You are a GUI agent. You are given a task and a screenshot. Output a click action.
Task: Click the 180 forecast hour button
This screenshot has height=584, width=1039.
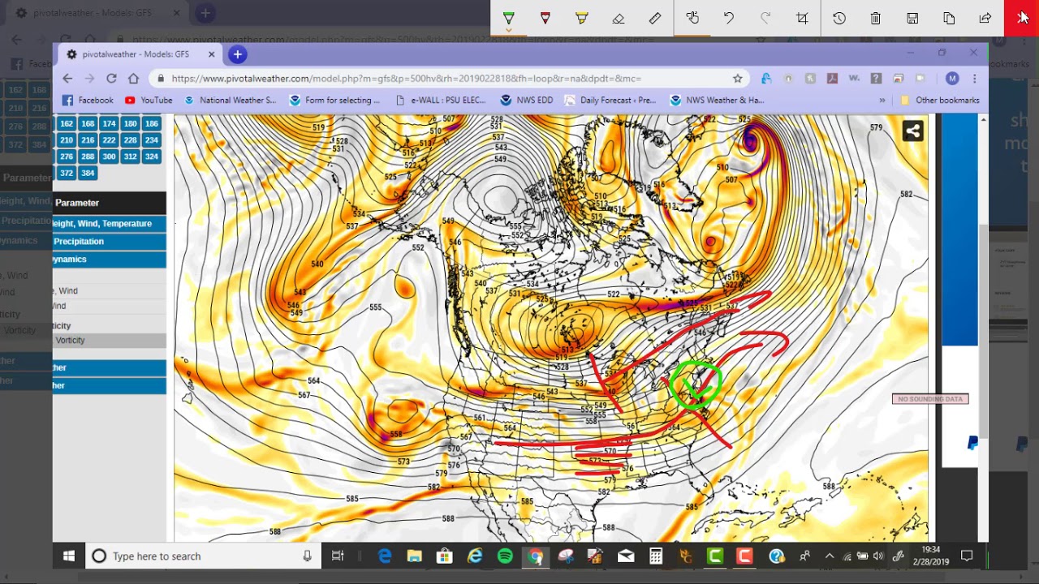click(x=130, y=123)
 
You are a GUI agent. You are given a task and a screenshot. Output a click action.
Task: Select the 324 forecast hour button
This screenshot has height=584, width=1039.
click(x=151, y=157)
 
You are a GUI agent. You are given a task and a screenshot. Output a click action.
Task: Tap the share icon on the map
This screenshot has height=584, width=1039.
click(x=912, y=131)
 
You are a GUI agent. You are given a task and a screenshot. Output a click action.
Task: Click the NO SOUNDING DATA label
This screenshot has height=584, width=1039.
click(x=930, y=399)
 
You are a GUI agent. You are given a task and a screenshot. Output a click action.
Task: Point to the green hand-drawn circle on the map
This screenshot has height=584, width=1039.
click(x=696, y=386)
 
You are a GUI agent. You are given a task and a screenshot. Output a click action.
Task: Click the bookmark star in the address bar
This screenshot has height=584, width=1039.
click(x=737, y=79)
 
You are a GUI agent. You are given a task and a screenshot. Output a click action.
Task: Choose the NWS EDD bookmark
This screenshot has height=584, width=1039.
click(x=527, y=101)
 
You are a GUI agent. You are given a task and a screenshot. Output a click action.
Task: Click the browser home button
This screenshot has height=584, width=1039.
click(x=133, y=79)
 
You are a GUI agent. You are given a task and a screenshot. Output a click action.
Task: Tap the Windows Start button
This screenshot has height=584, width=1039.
click(x=69, y=556)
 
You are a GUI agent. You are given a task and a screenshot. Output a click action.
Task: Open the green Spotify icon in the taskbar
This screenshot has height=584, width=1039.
click(x=505, y=556)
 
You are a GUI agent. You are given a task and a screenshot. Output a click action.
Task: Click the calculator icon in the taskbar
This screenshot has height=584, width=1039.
click(x=656, y=556)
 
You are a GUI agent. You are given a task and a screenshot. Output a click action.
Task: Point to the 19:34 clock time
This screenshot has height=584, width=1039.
click(x=930, y=551)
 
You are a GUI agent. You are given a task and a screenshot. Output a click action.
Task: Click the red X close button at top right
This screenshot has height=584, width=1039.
click(x=1021, y=18)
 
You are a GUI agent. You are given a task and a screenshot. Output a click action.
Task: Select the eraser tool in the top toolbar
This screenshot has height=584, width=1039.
click(x=619, y=18)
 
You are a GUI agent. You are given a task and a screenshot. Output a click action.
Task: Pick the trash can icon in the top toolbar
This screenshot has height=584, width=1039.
click(x=876, y=18)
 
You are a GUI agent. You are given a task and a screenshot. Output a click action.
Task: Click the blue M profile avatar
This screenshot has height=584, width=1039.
click(x=952, y=79)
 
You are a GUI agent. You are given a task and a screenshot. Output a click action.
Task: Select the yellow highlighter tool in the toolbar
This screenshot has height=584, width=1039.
click(x=582, y=18)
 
